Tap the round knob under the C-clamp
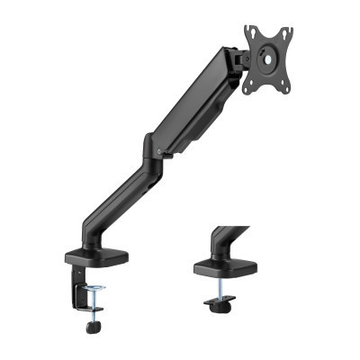pos(93,328)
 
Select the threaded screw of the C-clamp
pos(93,308)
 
